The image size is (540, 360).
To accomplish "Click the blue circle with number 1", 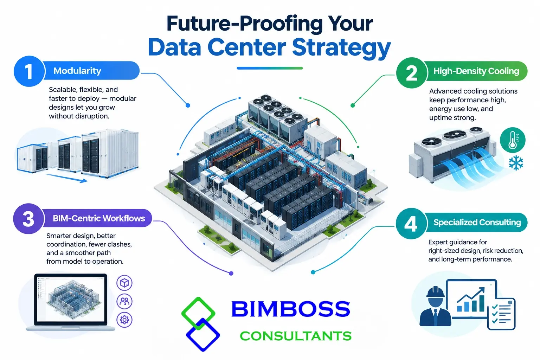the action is click(29, 71).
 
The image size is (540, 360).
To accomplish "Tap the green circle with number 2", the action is click(412, 72).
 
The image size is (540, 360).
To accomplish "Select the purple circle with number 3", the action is click(29, 219).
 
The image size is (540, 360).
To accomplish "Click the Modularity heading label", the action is click(77, 71).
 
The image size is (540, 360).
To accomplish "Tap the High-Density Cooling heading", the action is click(476, 71).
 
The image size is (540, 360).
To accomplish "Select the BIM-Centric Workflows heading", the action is click(99, 218).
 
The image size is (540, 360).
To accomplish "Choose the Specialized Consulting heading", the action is click(477, 222).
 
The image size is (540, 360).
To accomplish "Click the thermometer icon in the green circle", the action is click(512, 140).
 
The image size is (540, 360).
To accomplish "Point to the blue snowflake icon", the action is click(516, 163).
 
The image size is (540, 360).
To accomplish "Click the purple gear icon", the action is click(124, 320).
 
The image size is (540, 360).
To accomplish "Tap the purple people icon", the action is click(124, 301).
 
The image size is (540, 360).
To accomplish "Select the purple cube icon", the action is click(124, 283).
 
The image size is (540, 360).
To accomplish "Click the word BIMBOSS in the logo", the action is click(290, 309).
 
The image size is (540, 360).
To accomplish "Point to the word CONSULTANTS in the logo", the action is click(296, 336).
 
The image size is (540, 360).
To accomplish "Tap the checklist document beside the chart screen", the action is click(501, 314).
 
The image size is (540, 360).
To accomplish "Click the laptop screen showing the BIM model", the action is click(71, 299).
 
